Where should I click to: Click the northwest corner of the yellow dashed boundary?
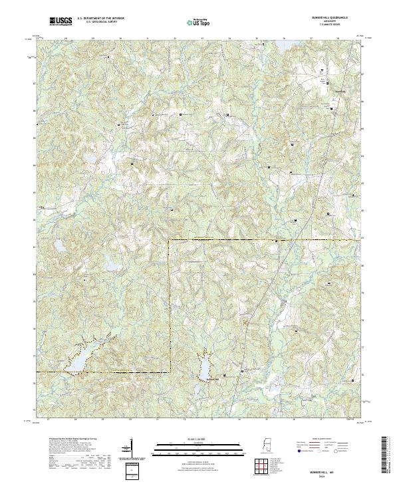[170, 239]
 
